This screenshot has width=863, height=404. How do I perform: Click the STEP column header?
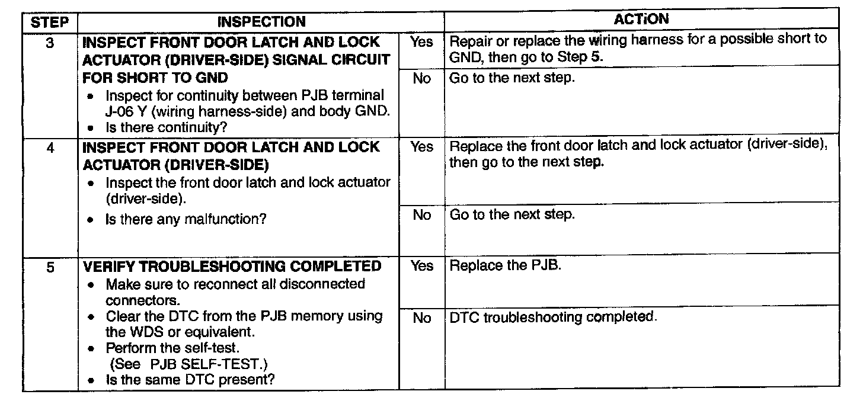click(x=50, y=23)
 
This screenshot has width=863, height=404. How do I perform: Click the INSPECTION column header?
click(x=261, y=23)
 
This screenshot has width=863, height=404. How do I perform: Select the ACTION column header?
click(x=641, y=20)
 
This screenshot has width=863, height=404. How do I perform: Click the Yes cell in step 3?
click(x=421, y=42)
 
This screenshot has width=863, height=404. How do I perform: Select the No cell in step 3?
click(x=421, y=78)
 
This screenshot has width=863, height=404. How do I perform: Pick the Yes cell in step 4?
click(x=421, y=147)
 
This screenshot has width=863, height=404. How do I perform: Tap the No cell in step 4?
click(x=421, y=214)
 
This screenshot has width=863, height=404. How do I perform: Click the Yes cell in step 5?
click(x=421, y=266)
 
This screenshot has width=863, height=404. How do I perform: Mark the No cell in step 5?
click(x=421, y=318)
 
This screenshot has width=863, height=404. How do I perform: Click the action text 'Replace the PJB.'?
click(x=506, y=265)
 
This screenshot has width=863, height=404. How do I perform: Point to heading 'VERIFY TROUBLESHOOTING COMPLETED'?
click(x=232, y=267)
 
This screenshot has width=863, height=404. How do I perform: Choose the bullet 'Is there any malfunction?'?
click(x=186, y=219)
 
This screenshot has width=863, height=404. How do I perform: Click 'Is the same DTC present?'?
click(x=190, y=379)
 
